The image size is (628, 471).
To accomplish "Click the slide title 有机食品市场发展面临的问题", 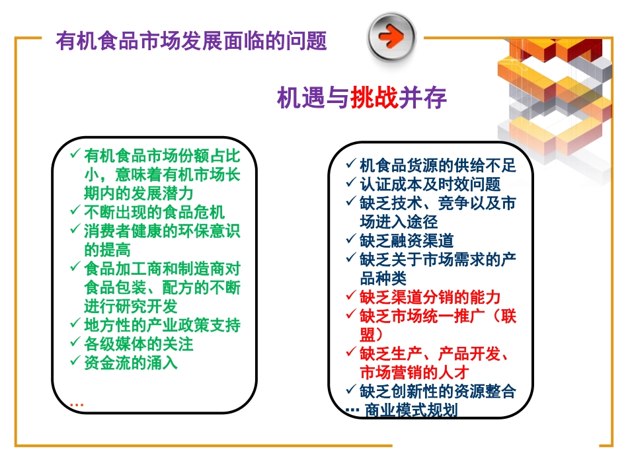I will click(191, 40).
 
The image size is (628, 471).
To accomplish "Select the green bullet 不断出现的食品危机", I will click(155, 212).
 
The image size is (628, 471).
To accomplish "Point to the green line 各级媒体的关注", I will click(139, 344).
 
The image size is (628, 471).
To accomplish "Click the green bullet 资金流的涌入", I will click(131, 363).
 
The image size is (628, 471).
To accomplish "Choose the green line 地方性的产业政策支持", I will click(162, 326).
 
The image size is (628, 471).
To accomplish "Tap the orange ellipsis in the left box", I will click(76, 403).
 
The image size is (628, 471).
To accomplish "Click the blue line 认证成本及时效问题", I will click(430, 184).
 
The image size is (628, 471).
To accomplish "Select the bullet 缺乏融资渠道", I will click(407, 240).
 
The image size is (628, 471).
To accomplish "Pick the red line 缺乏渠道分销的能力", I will click(430, 297).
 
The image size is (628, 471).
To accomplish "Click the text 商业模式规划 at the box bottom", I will click(411, 410).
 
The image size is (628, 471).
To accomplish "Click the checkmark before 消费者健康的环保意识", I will click(75, 231).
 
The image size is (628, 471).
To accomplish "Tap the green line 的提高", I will click(107, 250).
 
